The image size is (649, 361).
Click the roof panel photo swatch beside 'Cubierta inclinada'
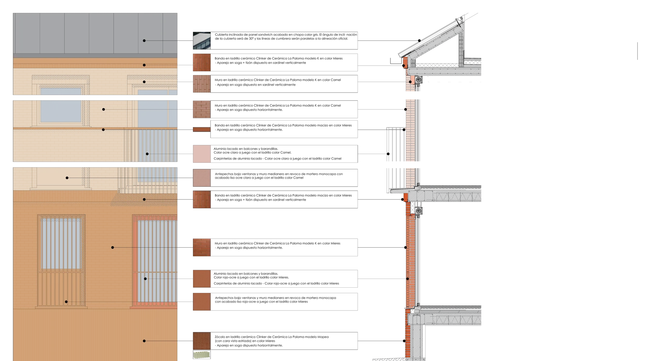click(202, 40)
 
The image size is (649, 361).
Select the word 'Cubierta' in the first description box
click(221, 35)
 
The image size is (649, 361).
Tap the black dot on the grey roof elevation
click(144, 40)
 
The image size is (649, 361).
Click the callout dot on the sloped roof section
click(419, 40)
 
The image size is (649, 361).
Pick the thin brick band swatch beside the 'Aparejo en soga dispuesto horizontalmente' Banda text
click(202, 129)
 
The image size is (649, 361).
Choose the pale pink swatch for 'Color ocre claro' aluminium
click(202, 154)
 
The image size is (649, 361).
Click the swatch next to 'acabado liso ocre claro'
click(202, 178)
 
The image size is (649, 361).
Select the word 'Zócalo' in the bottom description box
click(220, 337)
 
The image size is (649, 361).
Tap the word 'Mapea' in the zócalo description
click(323, 337)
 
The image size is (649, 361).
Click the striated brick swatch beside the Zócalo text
click(202, 341)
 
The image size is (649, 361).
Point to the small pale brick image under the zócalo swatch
click(202, 355)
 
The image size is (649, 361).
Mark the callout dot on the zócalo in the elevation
click(144, 341)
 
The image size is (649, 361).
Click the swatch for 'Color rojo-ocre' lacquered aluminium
click(202, 279)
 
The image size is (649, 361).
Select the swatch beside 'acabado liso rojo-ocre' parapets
click(202, 302)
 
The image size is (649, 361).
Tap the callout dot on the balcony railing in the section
click(388, 154)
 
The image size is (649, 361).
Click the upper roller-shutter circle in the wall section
click(419, 79)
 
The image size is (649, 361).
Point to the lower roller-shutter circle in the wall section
click(419, 210)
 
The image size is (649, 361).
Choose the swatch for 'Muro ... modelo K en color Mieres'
click(202, 247)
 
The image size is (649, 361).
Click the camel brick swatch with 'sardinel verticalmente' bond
click(202, 84)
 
